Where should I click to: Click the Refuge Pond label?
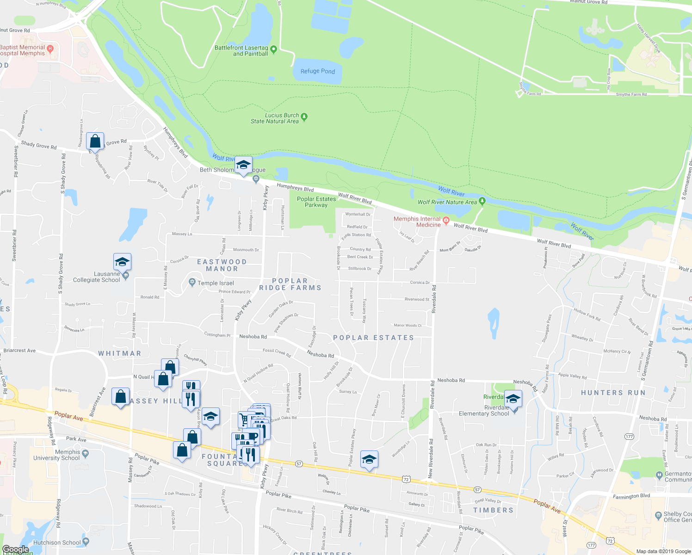(317, 71)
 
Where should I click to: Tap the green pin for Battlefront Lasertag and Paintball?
(273, 49)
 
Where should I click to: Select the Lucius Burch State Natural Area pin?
(304, 117)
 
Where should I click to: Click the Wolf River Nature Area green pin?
(482, 201)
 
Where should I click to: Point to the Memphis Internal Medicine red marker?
(446, 220)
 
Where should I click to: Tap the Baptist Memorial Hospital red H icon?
(50, 48)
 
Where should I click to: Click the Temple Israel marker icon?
(192, 282)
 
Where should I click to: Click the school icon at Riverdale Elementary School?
(513, 398)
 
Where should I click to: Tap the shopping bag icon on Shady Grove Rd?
(95, 141)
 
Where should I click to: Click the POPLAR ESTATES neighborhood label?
(373, 338)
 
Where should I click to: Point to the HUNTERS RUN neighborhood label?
(613, 393)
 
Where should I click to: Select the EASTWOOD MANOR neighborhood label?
(222, 265)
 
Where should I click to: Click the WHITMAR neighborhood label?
(119, 353)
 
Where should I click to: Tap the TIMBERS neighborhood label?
(493, 510)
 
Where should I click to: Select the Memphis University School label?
(56, 455)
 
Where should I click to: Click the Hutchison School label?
(57, 543)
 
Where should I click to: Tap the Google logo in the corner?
(15, 549)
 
